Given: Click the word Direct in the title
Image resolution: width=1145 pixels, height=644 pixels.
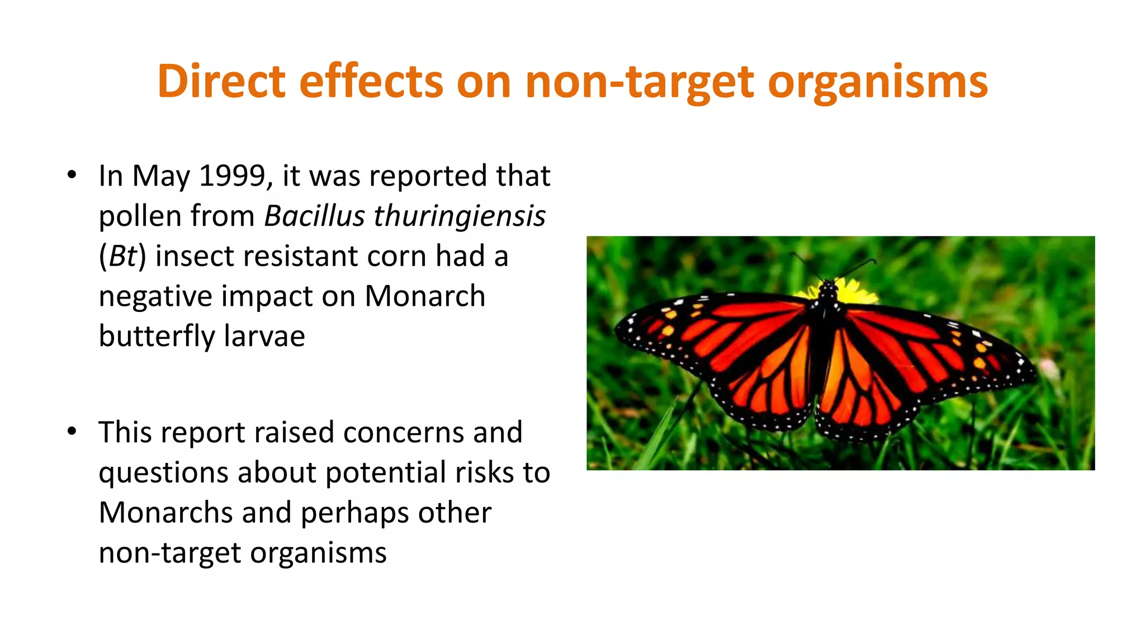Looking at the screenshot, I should pos(221,82).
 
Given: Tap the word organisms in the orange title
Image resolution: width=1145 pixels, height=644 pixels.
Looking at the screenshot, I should pos(878,83).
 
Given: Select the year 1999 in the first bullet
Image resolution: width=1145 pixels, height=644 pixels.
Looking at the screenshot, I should pos(232,176).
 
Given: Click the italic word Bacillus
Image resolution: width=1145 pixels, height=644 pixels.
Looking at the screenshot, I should pos(314,216).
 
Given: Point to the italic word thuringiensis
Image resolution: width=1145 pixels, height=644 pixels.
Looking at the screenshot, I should pos(459,216).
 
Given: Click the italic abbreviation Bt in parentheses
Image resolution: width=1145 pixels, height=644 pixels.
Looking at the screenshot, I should pos(122,256).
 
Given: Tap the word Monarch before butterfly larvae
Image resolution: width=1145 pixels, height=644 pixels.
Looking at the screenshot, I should pos(425,296).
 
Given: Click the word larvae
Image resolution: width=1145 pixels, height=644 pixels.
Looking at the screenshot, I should pos(264,336).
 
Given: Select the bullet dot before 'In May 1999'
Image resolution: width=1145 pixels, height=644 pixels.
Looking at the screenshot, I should pos(72,175).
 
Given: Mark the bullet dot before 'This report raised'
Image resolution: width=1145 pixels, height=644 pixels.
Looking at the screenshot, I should pos(72,432).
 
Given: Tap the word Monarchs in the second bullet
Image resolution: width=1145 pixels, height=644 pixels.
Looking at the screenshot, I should pos(165,513).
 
